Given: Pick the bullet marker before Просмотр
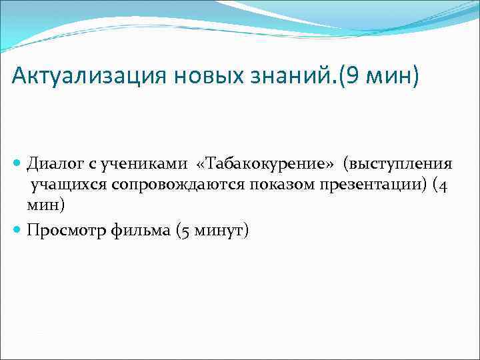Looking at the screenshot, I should click(18, 231).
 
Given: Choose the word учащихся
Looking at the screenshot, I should click(67, 185).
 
